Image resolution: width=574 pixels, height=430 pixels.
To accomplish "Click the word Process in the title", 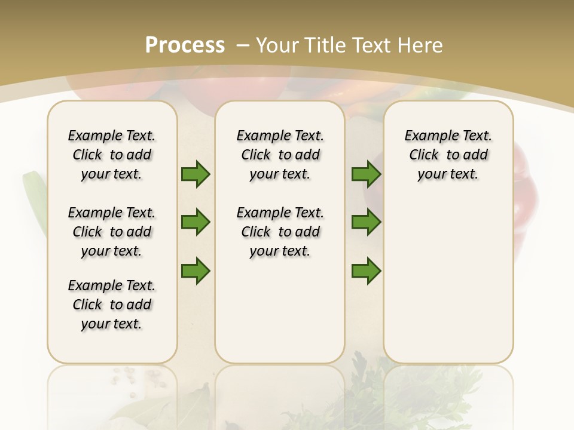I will pyautogui.click(x=185, y=45).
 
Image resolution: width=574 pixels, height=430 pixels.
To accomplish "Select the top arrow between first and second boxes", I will pyautogui.click(x=196, y=174).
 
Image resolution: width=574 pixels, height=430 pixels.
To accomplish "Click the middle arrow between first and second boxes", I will pyautogui.click(x=196, y=222).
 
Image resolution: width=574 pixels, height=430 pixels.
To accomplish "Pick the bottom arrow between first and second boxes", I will pyautogui.click(x=196, y=271).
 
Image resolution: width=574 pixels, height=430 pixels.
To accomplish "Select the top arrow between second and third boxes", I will pyautogui.click(x=366, y=174).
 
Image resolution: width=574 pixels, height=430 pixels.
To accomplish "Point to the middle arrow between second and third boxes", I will pyautogui.click(x=366, y=222).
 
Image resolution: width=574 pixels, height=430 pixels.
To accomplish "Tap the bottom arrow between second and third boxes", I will pyautogui.click(x=366, y=271).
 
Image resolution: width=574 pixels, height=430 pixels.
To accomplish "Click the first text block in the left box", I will pyautogui.click(x=112, y=155).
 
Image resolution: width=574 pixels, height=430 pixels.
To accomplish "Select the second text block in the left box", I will pyautogui.click(x=112, y=232).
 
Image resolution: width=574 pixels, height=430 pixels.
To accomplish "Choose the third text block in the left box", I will pyautogui.click(x=112, y=305).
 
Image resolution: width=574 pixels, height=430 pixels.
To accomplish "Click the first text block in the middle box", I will pyautogui.click(x=280, y=155).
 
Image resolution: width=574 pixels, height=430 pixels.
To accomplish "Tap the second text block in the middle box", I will pyautogui.click(x=280, y=232).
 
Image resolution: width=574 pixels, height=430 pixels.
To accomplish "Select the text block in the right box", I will pyautogui.click(x=448, y=155).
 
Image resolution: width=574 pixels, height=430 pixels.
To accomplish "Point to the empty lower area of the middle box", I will pyautogui.click(x=280, y=311).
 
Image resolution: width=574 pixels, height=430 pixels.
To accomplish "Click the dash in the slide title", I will pyautogui.click(x=243, y=45).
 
